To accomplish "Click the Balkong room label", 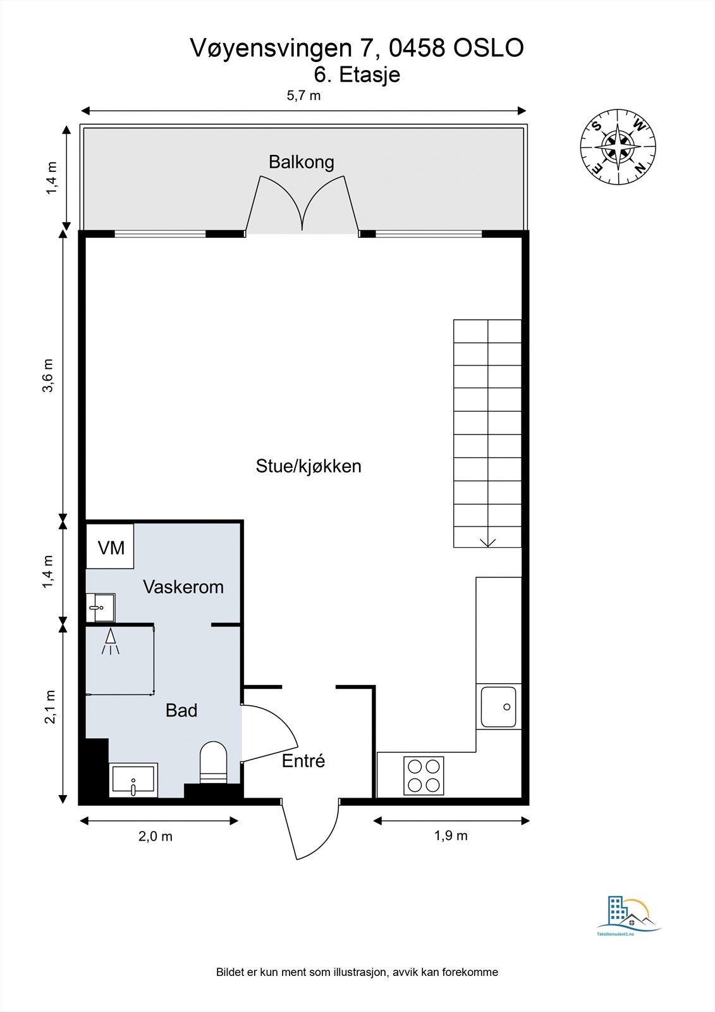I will coord(301,162).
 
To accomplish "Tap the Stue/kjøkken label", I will coord(309,467).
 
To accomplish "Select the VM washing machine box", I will coord(111,547).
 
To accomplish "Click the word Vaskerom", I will coord(183,587).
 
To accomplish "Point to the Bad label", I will coord(181,710).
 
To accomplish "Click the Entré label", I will coord(303,761).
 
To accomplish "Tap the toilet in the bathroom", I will coord(213,762).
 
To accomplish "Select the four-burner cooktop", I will coord(424,775).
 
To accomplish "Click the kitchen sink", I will coord(498,707).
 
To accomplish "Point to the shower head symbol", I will coord(111,641).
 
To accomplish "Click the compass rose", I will coord(618,150).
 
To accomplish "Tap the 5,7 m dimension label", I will coord(303,96).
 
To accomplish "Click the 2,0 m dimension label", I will coord(156,836).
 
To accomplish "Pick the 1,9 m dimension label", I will coord(451,836).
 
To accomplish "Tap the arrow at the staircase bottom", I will coord(487,541).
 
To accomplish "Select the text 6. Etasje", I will coord(357,75).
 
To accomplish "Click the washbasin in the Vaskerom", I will coord(101,608).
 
